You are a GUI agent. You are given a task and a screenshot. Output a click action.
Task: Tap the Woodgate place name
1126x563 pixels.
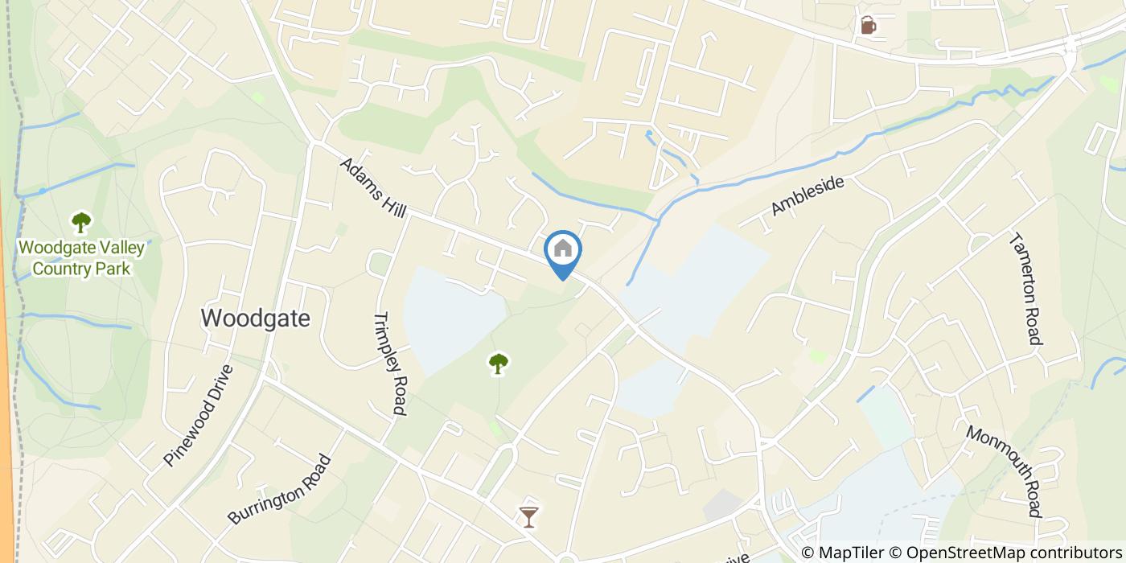[255, 318]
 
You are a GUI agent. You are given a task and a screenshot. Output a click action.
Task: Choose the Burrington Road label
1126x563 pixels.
[279, 490]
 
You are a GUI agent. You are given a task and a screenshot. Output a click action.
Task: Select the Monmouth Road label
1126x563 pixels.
[1003, 471]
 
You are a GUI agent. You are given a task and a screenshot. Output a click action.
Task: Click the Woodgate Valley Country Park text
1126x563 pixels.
[81, 257]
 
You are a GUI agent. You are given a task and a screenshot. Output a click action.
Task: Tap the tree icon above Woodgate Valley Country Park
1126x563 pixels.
[80, 221]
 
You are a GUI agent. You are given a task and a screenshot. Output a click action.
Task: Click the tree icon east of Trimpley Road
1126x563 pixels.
[499, 364]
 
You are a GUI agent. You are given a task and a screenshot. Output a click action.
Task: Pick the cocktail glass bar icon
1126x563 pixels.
[528, 516]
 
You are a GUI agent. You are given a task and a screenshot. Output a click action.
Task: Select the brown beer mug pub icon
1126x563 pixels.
[868, 25]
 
